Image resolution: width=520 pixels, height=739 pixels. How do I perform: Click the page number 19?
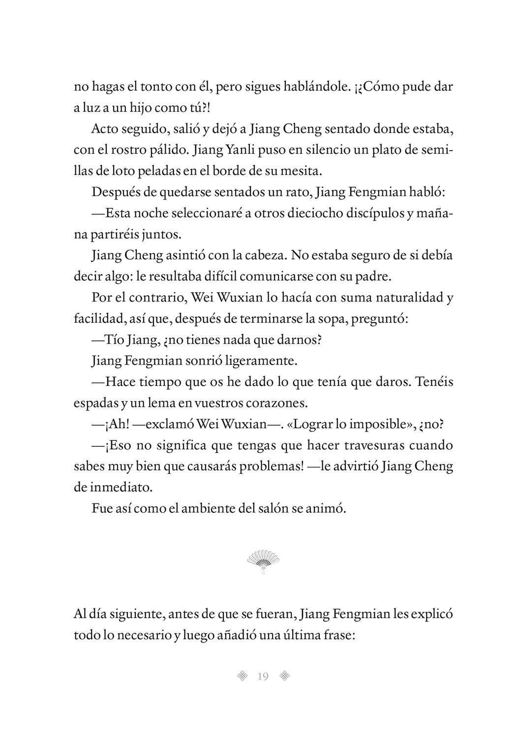click(x=262, y=676)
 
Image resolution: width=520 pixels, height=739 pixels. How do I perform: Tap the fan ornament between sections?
click(x=263, y=562)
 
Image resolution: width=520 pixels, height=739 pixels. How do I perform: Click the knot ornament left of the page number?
click(x=242, y=676)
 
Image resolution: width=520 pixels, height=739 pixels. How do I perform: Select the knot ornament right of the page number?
click(x=284, y=676)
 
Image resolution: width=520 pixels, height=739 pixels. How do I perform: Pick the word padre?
click(x=373, y=276)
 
